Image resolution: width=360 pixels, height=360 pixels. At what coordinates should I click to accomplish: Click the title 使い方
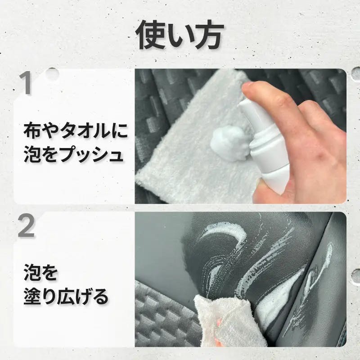[180, 36]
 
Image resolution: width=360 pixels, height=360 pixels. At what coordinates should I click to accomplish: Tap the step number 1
[25, 83]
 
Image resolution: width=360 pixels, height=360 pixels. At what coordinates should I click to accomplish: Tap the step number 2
[26, 226]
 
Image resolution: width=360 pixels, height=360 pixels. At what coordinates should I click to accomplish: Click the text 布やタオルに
[75, 131]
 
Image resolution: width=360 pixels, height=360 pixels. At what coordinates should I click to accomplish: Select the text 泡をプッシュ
[73, 154]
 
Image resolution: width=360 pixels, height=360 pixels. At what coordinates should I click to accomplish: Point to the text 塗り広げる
[66, 297]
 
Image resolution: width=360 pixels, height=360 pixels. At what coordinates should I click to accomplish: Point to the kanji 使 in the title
[151, 36]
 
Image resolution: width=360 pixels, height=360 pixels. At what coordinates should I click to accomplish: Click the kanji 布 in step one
[32, 131]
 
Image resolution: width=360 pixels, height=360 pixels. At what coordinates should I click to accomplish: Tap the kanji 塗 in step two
[32, 297]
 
